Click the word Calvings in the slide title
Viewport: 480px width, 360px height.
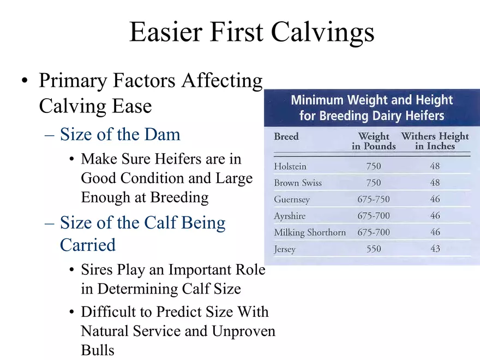pyautogui.click(x=323, y=32)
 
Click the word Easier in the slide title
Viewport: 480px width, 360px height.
pyautogui.click(x=166, y=32)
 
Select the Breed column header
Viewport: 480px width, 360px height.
pyautogui.click(x=286, y=136)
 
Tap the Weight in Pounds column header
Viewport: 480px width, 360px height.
pyautogui.click(x=374, y=141)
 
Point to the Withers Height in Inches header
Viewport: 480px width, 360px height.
pyautogui.click(x=435, y=141)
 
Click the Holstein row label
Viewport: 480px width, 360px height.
pyautogui.click(x=290, y=166)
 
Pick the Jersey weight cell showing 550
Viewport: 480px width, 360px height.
pyautogui.click(x=374, y=249)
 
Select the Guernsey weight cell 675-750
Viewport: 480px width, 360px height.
pyautogui.click(x=374, y=199)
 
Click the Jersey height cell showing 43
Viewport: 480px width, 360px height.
pyautogui.click(x=435, y=248)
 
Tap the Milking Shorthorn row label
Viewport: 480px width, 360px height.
pyautogui.click(x=310, y=232)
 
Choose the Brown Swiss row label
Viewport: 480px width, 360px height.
pyautogui.click(x=298, y=183)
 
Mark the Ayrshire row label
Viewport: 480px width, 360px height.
pyautogui.click(x=290, y=216)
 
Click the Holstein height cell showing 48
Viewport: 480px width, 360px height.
pyautogui.click(x=435, y=166)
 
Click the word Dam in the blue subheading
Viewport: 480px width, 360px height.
pyautogui.click(x=162, y=134)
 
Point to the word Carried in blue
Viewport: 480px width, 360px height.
pyautogui.click(x=88, y=245)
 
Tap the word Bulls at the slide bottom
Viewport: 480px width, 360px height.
pyautogui.click(x=98, y=350)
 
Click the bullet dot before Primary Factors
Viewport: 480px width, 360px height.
pyautogui.click(x=25, y=81)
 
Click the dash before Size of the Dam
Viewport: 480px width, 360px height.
pyautogui.click(x=50, y=135)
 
